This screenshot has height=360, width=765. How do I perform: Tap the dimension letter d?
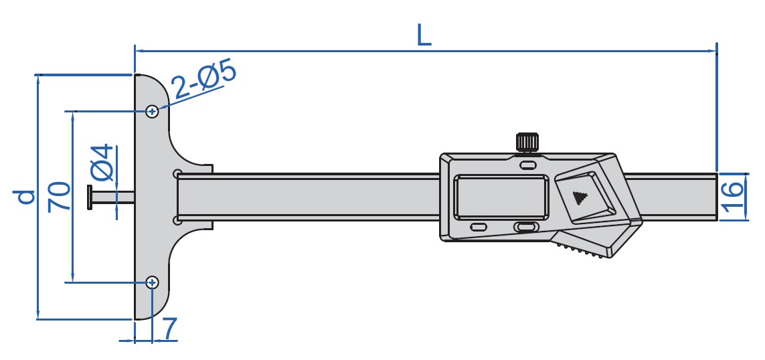[x=25, y=197]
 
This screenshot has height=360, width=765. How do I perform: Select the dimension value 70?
[x=60, y=196]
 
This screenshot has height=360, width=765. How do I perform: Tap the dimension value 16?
[x=734, y=196]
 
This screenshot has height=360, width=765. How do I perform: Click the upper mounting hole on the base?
[x=153, y=110]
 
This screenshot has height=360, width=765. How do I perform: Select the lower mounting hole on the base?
[x=153, y=282]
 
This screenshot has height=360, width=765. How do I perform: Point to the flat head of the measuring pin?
[x=90, y=196]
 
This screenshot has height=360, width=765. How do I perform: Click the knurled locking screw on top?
[x=527, y=142]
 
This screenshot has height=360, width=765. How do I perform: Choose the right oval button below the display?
[x=525, y=228]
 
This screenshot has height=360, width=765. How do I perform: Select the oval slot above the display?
[x=528, y=164]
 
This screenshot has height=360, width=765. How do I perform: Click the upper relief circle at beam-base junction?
[x=177, y=174]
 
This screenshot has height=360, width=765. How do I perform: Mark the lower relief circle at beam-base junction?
[x=177, y=219]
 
